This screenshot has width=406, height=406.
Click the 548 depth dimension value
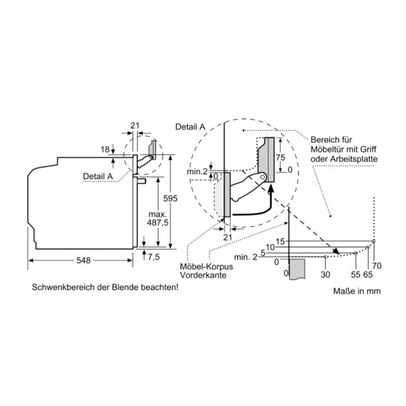point(83,260)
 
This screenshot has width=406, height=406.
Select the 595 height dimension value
point(171,199)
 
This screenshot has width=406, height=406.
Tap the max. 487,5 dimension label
point(158,218)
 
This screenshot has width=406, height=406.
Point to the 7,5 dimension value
point(154,257)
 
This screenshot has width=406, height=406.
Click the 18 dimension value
point(105,149)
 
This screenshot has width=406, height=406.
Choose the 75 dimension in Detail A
point(281,158)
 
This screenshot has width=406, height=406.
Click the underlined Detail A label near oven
point(98,176)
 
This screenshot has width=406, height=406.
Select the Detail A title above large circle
point(190,127)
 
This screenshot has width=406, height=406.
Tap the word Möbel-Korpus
point(206,266)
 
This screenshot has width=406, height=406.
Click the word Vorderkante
point(203,275)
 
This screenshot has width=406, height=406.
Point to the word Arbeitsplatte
point(354,159)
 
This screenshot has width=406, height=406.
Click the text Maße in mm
point(357,291)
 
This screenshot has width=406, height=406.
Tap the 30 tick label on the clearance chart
point(325,274)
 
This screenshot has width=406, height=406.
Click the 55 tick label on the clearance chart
point(356,274)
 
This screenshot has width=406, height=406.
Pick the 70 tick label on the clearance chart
point(377,266)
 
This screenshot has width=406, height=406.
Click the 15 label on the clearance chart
point(280,242)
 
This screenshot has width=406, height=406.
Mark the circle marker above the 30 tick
point(326,257)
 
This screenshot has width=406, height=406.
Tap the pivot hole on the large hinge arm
point(263,177)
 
